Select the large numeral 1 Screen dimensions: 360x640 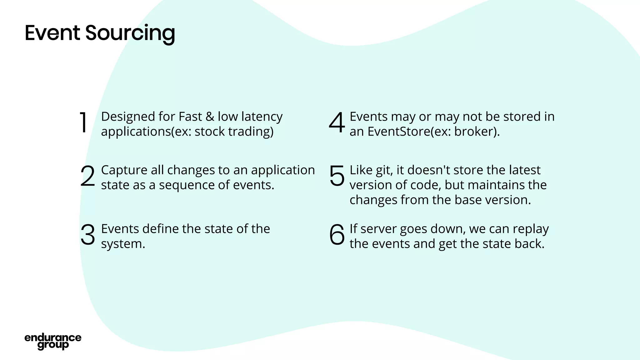83,122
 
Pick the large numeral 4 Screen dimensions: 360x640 337,122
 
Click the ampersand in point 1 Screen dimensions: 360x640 210,117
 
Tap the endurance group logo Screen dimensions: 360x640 53,341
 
